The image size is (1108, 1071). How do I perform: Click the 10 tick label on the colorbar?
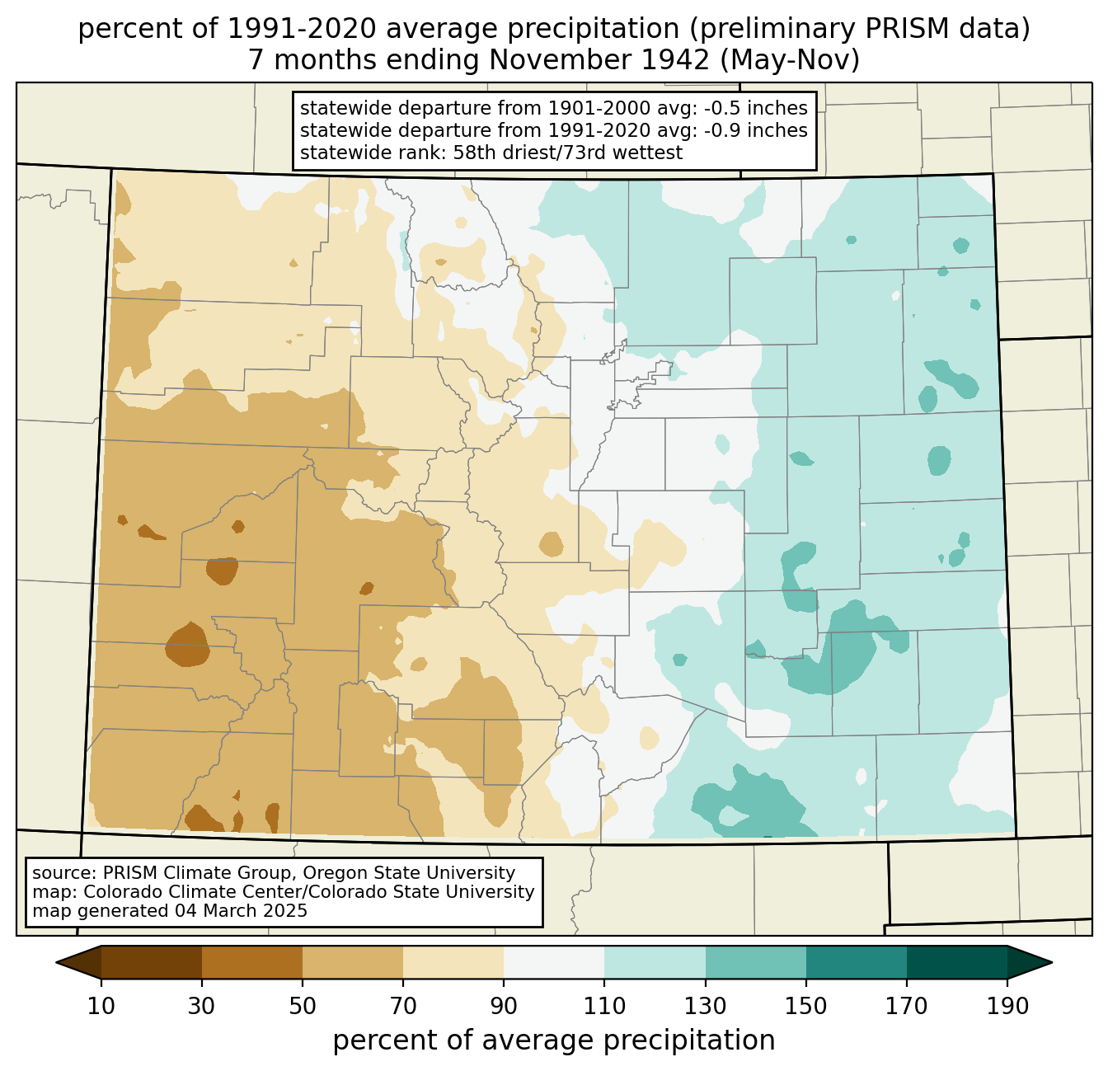pos(101,1006)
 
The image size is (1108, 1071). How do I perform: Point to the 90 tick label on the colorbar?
pos(504,1006)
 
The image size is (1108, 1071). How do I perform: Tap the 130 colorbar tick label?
pos(705,1006)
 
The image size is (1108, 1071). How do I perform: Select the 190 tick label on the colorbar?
pos(1007,1006)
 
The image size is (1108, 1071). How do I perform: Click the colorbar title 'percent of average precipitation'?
pos(553,1040)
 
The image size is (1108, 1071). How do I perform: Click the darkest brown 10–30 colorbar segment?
pos(152,962)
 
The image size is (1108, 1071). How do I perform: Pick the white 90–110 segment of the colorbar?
pos(554,962)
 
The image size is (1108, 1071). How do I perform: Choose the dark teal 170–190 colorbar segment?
pos(956,962)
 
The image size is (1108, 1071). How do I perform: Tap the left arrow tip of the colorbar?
pos(56,962)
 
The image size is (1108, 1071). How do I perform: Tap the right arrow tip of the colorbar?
pos(1052,962)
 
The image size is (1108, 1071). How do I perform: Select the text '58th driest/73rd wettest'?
pos(568,153)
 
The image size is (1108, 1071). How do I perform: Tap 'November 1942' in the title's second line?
pos(599,60)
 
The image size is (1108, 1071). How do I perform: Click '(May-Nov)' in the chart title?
pos(790,60)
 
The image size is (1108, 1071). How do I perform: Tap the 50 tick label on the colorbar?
pos(303,1006)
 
